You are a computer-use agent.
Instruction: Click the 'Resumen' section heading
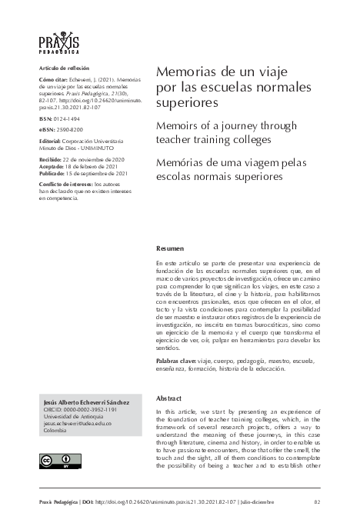170,249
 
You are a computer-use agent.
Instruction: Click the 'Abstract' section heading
169,398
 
